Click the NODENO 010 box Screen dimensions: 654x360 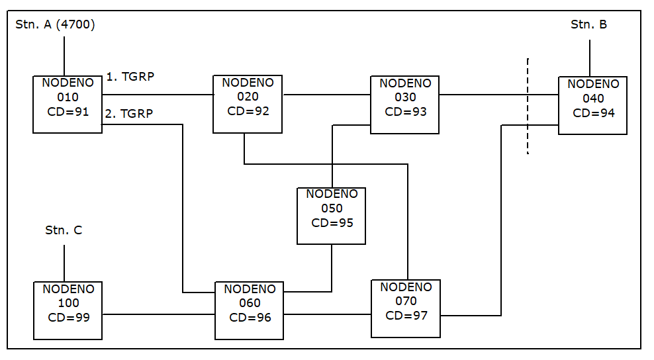[68, 105]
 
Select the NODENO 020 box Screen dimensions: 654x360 [248, 104]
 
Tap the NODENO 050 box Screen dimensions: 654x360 [331, 216]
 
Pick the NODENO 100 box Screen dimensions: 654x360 [68, 310]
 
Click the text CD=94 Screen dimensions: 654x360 [594, 113]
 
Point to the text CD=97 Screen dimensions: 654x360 [406, 316]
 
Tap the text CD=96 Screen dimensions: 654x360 [250, 318]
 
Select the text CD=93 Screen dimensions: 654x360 [405, 112]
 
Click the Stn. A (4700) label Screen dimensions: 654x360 [55, 24]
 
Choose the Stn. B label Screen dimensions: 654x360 [588, 24]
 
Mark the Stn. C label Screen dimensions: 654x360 [64, 230]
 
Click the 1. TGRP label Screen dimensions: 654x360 [130, 77]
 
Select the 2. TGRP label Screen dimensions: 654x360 [129, 113]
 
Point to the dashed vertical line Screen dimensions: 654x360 [528, 107]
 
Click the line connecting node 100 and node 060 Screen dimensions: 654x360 [159, 314]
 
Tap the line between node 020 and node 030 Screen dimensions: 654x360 [326, 95]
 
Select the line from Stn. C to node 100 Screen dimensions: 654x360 [64, 263]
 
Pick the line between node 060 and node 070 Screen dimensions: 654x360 [328, 314]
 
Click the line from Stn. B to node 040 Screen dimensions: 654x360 [590, 58]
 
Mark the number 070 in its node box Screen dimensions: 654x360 [406, 301]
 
